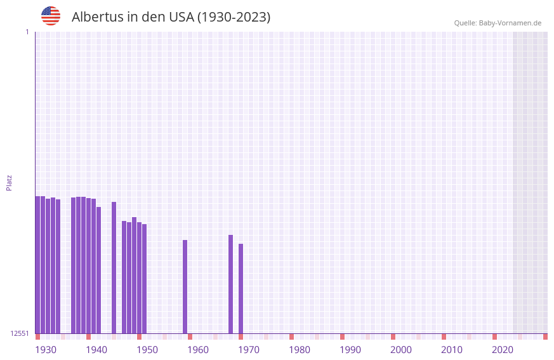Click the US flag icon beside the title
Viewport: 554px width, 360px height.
click(x=51, y=16)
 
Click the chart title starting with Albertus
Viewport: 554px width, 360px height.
click(x=171, y=17)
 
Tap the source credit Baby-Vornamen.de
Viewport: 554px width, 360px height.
click(x=498, y=23)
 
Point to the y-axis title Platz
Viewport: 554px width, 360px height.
click(x=9, y=182)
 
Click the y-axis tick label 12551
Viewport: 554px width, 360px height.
click(x=20, y=333)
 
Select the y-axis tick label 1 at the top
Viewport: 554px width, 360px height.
click(x=27, y=32)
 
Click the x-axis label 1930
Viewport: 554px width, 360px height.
click(x=46, y=350)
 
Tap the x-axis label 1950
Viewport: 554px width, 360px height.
click(x=147, y=350)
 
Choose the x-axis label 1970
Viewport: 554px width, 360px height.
click(x=249, y=350)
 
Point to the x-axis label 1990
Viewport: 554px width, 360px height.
click(x=350, y=350)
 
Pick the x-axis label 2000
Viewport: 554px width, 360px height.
click(x=401, y=350)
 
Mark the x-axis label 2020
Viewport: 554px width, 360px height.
click(x=503, y=350)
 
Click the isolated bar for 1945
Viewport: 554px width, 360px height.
click(x=114, y=267)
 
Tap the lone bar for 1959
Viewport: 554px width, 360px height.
click(x=185, y=286)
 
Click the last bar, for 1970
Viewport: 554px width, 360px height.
click(x=241, y=288)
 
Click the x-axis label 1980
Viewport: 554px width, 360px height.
click(x=300, y=350)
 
